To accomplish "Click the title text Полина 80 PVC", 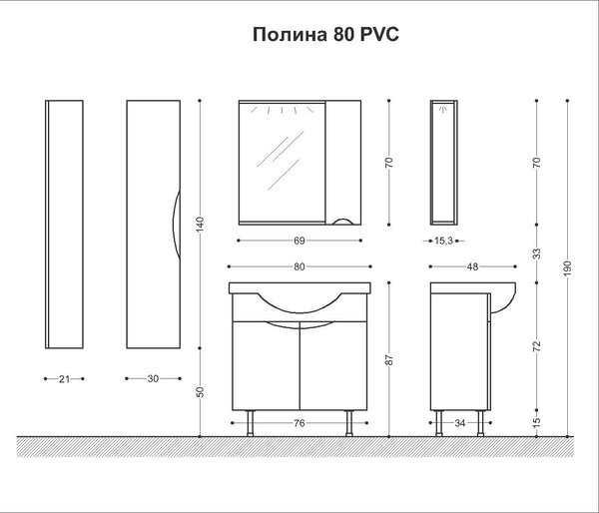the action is [325, 34].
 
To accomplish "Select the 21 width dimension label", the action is [64, 379].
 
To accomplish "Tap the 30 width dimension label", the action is [153, 378].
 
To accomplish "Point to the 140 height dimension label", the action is [201, 225].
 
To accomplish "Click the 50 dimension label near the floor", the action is [201, 392].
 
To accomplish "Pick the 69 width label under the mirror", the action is [299, 241].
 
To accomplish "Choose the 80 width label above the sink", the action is [299, 266].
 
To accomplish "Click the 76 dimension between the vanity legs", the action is [299, 423].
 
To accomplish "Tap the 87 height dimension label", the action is [389, 360].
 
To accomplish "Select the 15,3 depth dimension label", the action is [443, 241].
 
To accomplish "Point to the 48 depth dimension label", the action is [472, 266].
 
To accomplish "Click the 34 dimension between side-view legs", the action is [460, 423].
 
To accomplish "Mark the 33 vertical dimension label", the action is [537, 254].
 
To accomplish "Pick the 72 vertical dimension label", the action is [537, 345].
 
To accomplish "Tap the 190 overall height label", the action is [567, 268].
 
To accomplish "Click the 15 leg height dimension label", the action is [537, 422].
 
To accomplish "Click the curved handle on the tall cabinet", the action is [175, 225].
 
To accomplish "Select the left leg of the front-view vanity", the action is [251, 423].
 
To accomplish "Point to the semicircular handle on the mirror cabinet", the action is [342, 221].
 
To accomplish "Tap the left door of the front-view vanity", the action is [266, 366].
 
